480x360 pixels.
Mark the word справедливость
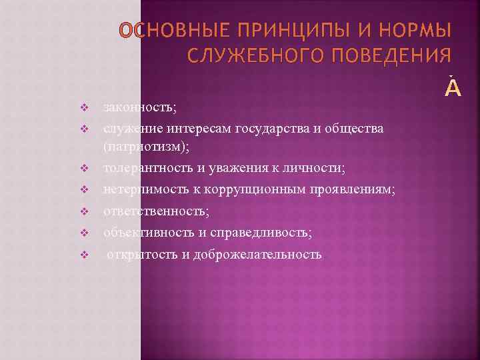[261, 232]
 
